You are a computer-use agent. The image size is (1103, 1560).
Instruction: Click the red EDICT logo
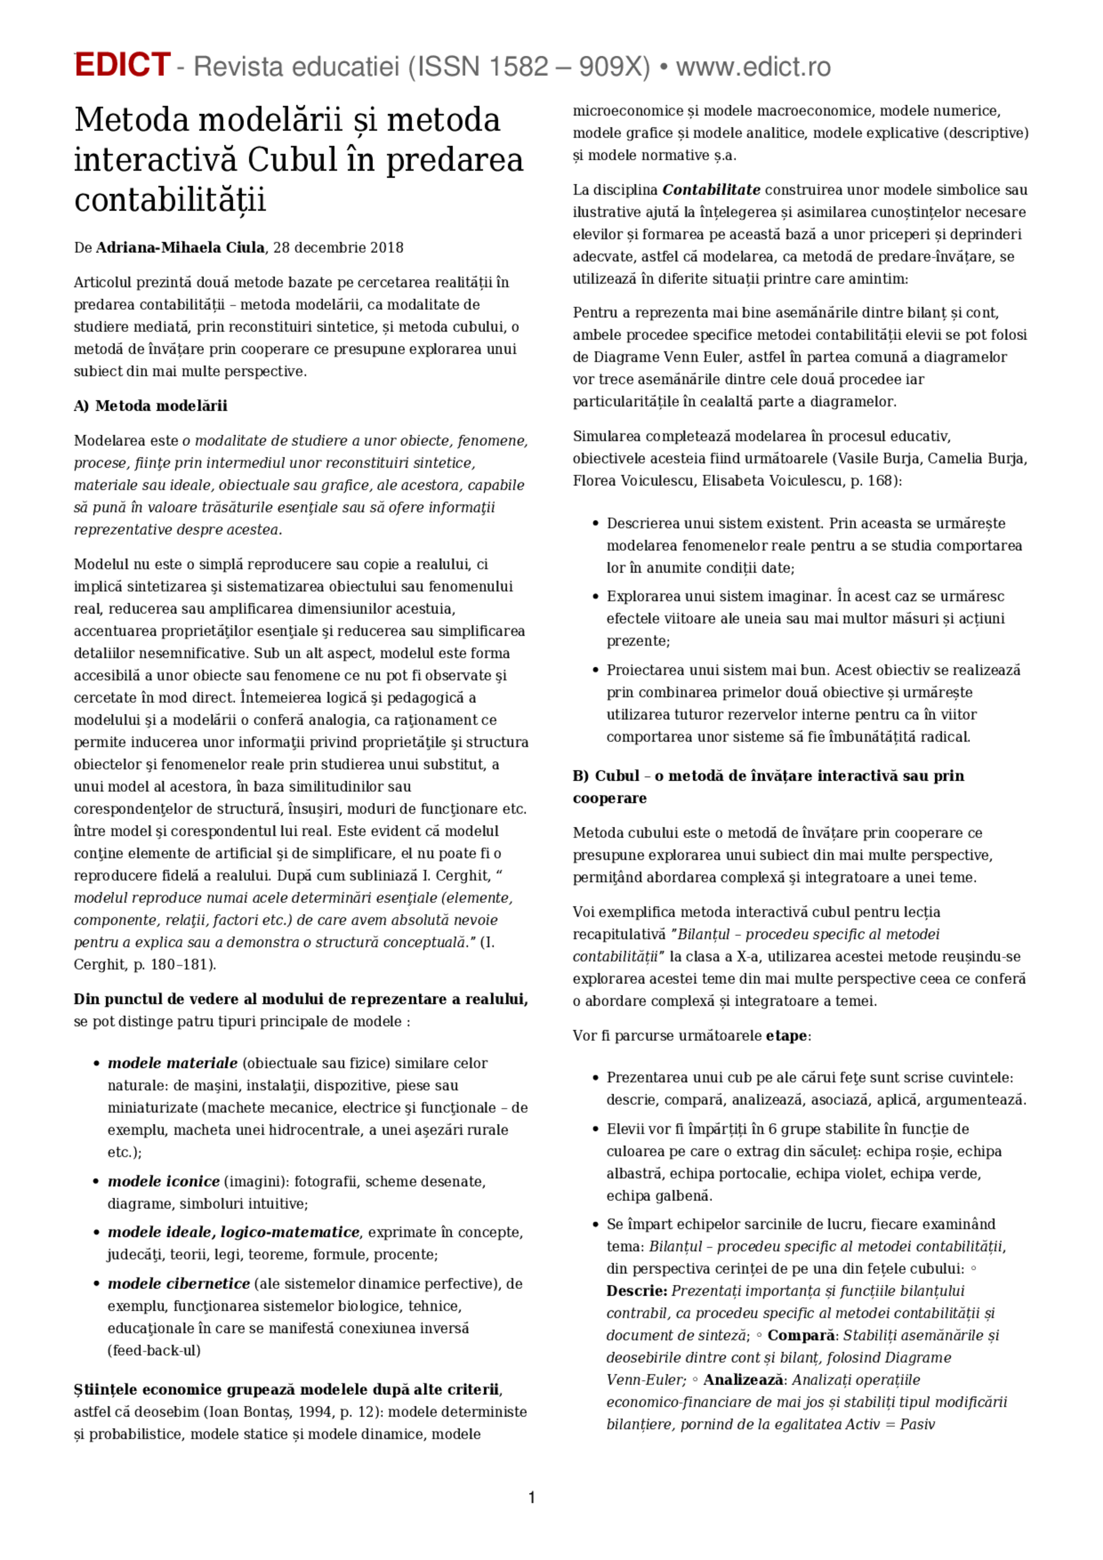122,65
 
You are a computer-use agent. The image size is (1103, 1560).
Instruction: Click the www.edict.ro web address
753,67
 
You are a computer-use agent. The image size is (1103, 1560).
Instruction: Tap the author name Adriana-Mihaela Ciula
179,248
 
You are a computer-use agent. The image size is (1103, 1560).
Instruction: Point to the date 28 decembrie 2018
338,248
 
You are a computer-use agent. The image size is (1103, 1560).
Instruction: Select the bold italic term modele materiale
172,1063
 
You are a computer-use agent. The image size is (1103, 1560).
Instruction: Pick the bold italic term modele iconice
164,1181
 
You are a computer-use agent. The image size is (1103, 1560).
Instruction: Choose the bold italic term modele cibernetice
179,1284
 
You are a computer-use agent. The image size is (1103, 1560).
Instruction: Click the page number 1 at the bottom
531,1497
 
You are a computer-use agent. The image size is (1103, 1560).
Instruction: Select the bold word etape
786,1036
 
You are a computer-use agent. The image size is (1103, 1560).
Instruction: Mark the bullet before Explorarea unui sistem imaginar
595,597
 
